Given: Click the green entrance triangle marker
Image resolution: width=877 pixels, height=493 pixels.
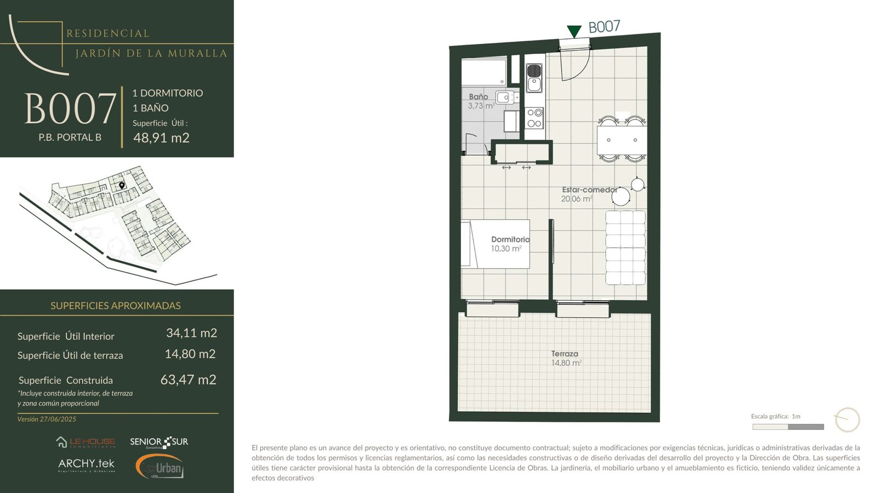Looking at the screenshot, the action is click(574, 31).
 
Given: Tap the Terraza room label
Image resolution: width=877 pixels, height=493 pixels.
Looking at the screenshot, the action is click(565, 354).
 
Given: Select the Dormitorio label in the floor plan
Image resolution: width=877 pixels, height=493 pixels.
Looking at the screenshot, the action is click(510, 239).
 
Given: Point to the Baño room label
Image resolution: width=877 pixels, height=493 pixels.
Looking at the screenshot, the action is click(479, 96).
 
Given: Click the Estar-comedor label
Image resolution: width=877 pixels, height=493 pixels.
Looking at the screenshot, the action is click(590, 190).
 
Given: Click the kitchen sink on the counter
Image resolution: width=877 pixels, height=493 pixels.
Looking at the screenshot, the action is click(534, 78).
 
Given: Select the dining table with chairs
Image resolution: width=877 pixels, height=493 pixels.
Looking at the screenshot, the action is click(622, 139).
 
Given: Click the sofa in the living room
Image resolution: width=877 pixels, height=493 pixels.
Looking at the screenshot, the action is click(625, 248).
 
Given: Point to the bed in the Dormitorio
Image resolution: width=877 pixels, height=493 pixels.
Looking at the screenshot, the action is click(496, 244).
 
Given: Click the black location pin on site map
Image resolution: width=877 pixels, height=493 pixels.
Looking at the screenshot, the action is click(122, 186).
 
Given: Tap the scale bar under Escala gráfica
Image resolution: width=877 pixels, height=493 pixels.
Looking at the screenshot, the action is click(788, 427).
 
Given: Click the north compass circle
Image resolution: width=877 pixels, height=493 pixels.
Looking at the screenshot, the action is click(847, 420).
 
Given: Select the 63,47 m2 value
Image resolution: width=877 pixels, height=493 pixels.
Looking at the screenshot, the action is click(189, 380).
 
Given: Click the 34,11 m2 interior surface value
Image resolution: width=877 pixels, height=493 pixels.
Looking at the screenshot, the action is click(191, 333).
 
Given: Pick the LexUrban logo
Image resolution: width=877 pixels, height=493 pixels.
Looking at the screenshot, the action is click(160, 466).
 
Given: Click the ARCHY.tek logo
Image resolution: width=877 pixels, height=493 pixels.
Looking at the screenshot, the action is click(87, 465).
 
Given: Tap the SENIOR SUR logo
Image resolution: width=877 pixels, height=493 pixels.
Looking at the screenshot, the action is click(159, 442).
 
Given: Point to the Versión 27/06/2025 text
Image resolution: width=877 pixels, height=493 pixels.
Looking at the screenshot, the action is click(47, 419).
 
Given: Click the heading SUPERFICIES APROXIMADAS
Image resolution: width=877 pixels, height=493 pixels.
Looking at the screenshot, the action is click(116, 306).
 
